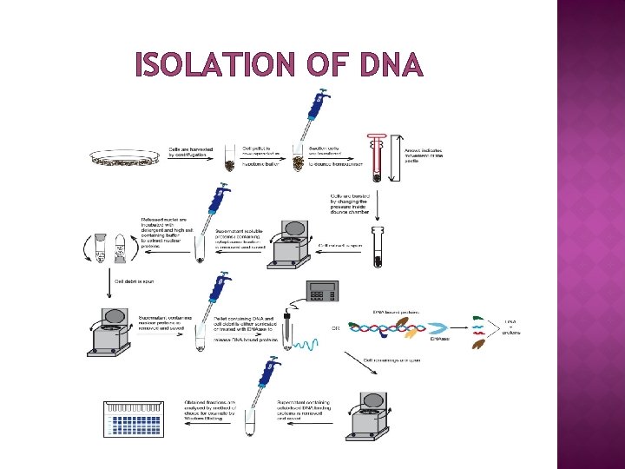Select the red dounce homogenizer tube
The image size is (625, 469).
376,156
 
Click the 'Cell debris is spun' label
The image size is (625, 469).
137,281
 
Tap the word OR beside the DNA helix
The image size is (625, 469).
336,328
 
